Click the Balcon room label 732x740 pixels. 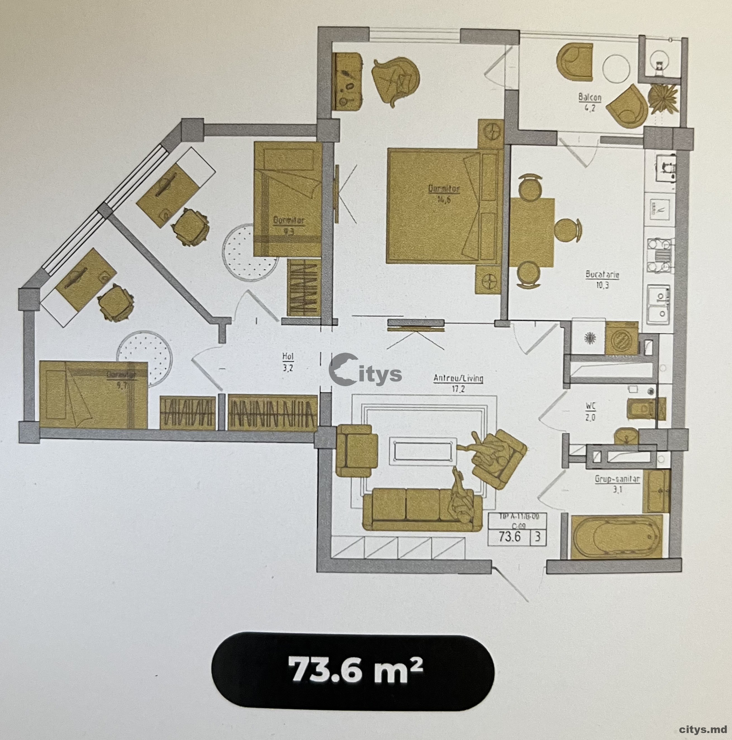pos(590,101)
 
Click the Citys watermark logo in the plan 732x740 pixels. pos(365,371)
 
